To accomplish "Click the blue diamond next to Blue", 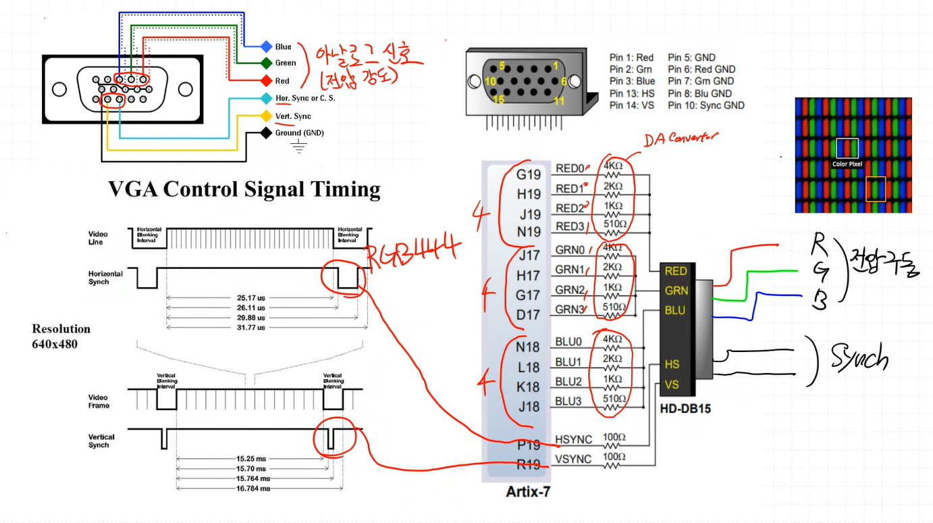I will click(x=266, y=47).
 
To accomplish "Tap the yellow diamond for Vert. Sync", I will click(x=266, y=116).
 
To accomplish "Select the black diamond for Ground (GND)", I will click(x=266, y=133).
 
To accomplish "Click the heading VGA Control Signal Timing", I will click(x=244, y=189).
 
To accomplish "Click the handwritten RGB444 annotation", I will click(x=411, y=251).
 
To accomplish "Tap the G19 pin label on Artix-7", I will click(x=529, y=175).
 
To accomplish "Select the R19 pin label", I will click(x=529, y=464).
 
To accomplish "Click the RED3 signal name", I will click(x=569, y=226).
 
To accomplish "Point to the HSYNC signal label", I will click(x=573, y=439).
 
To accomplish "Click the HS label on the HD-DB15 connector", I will click(x=672, y=364).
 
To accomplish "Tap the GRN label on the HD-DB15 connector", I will click(x=676, y=291).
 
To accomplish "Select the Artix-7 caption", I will click(x=528, y=493).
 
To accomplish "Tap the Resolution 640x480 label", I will click(x=61, y=335).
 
